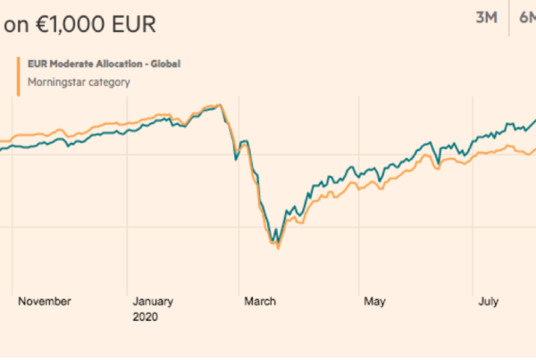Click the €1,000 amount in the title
(x=68, y=25)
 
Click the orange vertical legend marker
(x=19, y=73)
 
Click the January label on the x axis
(x=154, y=301)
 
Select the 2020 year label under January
(x=144, y=316)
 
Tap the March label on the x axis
(x=261, y=301)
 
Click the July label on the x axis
(x=488, y=301)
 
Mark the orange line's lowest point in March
(x=279, y=247)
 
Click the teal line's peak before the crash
(x=218, y=105)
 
